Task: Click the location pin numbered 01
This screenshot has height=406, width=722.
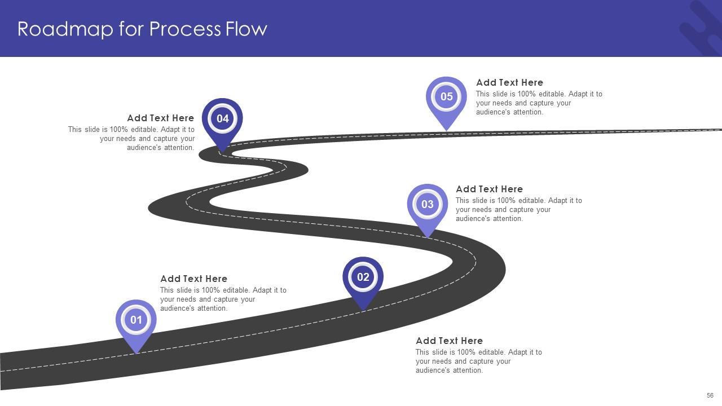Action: point(136,320)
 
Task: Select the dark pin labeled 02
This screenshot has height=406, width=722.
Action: point(363,277)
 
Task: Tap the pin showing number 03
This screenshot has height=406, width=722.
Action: point(427,204)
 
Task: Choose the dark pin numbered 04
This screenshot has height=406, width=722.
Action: point(222,119)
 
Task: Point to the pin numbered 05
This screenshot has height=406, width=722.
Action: point(446,97)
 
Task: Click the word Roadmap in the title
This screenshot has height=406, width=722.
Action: point(65,29)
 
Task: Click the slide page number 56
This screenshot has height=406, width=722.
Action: point(710,395)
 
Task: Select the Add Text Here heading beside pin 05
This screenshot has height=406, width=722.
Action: point(509,82)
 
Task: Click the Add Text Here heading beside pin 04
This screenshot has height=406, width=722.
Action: point(160,118)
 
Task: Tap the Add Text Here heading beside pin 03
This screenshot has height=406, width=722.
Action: point(489,189)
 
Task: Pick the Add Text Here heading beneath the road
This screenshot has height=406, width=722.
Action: point(449,341)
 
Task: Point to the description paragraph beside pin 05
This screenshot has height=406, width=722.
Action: point(539,103)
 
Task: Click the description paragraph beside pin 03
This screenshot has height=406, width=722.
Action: point(518,210)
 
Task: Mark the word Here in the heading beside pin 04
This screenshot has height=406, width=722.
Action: point(183,118)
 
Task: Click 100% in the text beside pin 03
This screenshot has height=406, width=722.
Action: point(508,201)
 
